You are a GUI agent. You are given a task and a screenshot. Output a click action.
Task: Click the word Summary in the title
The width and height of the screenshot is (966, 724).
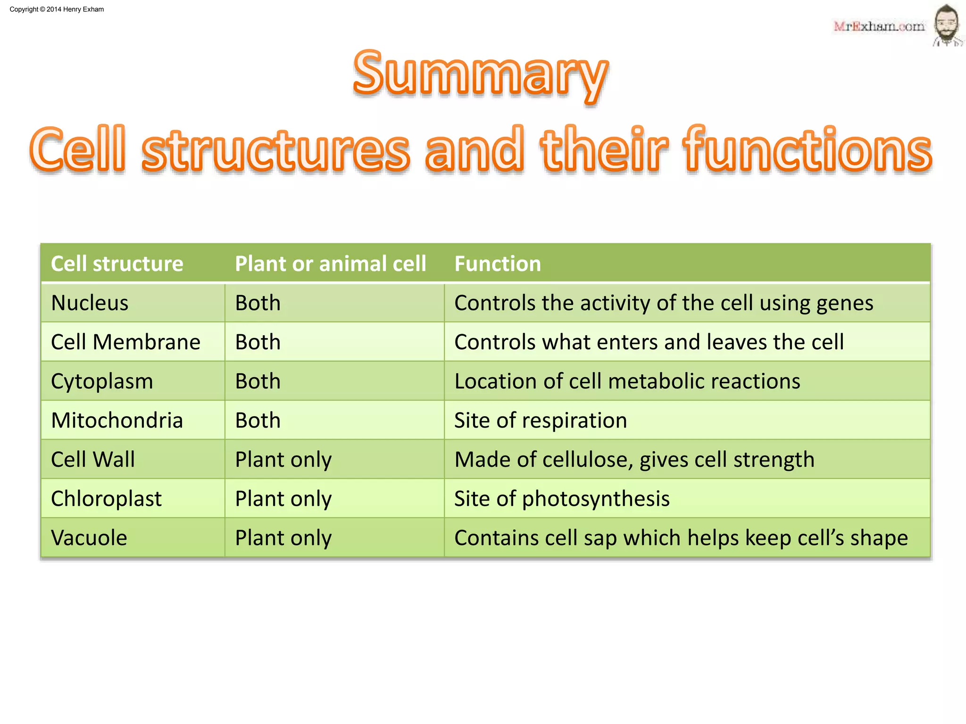(x=480, y=75)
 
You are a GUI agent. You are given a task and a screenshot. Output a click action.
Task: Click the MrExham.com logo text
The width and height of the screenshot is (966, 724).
(x=879, y=26)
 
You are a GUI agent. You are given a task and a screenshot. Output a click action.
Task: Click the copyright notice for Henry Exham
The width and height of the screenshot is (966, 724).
(x=57, y=9)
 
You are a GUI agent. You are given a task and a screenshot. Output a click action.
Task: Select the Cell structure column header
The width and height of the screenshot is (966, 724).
(x=117, y=264)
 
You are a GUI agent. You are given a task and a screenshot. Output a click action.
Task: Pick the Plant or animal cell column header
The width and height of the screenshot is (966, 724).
(x=330, y=264)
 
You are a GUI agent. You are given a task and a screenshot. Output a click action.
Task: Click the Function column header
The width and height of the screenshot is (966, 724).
(x=498, y=264)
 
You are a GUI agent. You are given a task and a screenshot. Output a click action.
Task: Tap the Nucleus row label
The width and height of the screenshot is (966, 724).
(x=90, y=303)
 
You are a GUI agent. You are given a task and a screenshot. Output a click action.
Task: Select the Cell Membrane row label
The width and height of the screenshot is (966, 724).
(x=125, y=342)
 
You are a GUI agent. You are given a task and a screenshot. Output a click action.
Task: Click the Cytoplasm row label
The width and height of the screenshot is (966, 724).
(x=102, y=381)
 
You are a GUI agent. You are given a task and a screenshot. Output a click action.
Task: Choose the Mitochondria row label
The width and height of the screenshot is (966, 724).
(x=117, y=420)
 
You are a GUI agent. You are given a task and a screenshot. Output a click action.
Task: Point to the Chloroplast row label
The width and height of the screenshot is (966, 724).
(x=106, y=499)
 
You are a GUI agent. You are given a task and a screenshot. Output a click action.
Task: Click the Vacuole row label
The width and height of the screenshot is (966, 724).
(x=89, y=538)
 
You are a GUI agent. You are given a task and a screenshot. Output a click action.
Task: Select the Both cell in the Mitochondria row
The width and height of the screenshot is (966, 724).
(x=258, y=420)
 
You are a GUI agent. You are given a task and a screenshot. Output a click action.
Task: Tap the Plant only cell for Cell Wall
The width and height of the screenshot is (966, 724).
(x=283, y=460)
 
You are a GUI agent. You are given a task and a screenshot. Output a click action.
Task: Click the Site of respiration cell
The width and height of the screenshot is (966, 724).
(x=541, y=420)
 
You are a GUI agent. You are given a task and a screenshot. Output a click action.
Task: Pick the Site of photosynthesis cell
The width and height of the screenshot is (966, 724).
(x=562, y=499)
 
